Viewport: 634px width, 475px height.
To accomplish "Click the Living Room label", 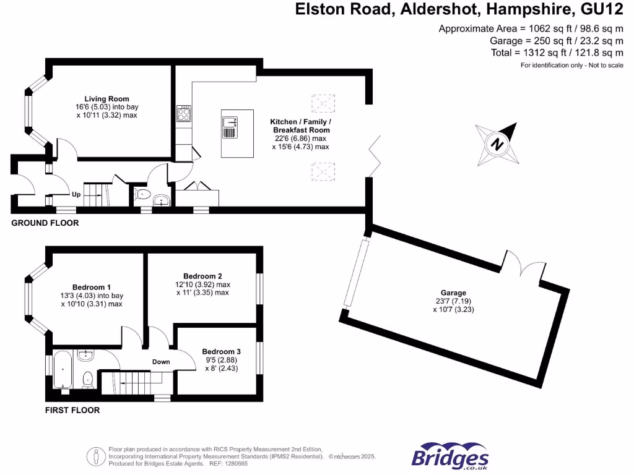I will pyautogui.click(x=106, y=98).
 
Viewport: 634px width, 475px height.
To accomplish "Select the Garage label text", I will pyautogui.click(x=453, y=293).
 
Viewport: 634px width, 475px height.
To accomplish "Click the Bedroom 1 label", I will pyautogui.click(x=92, y=287).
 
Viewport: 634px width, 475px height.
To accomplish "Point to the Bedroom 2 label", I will pyautogui.click(x=202, y=276).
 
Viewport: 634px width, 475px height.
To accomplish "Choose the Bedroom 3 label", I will pyautogui.click(x=221, y=351).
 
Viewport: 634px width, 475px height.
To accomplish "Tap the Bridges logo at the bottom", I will pyautogui.click(x=450, y=457).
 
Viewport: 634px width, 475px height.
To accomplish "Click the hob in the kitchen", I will pyautogui.click(x=184, y=114).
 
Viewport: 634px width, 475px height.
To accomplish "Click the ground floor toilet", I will pyautogui.click(x=142, y=195).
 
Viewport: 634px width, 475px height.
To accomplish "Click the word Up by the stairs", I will pyautogui.click(x=76, y=194).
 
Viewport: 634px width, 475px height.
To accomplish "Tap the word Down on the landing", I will pyautogui.click(x=161, y=362).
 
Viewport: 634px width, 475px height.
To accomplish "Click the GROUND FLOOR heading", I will pyautogui.click(x=45, y=223).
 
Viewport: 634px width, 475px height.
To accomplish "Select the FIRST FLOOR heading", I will pyautogui.click(x=72, y=410).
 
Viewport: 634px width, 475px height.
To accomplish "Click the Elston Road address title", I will pyautogui.click(x=459, y=9).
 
